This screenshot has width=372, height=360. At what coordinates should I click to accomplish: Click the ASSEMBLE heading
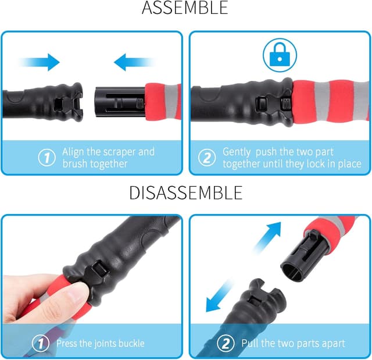[x=185, y=9]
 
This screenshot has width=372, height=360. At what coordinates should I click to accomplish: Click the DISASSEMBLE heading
[x=185, y=192]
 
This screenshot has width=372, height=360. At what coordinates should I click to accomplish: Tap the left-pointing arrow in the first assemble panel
[x=133, y=62]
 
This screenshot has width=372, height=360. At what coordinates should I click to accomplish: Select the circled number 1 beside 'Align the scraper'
[x=46, y=158]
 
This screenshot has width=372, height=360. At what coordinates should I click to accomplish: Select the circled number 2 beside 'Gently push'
[x=206, y=158]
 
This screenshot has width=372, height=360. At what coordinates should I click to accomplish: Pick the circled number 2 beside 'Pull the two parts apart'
[x=224, y=343]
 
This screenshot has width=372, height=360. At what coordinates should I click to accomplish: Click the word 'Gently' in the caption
[x=239, y=152]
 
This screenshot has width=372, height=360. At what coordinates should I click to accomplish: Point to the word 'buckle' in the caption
[x=129, y=343]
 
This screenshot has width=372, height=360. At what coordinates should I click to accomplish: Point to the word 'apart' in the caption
[x=330, y=343]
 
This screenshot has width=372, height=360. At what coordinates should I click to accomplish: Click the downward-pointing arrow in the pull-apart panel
[x=220, y=298]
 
